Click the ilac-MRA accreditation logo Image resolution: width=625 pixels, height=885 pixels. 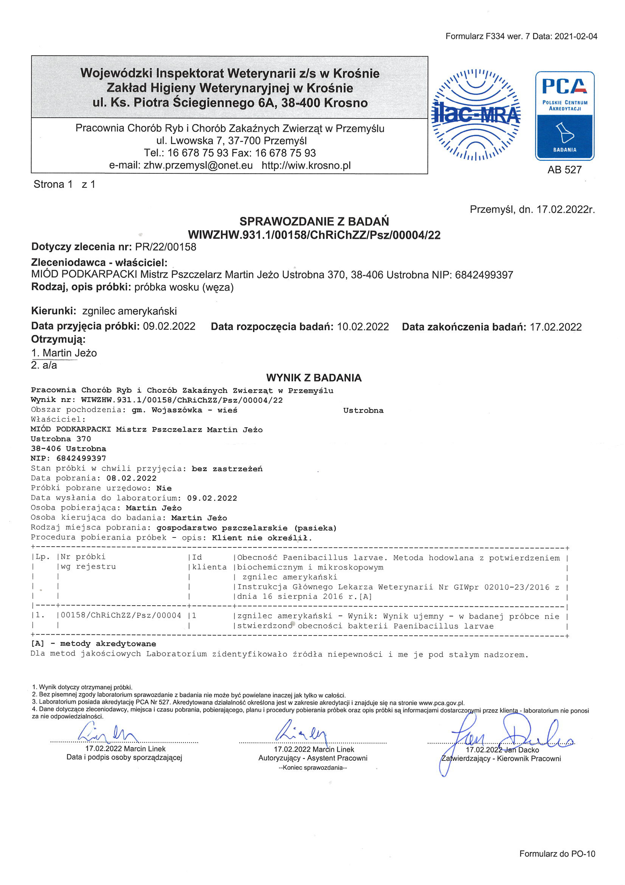(x=476, y=115)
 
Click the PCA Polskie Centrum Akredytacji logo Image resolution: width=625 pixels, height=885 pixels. (x=565, y=115)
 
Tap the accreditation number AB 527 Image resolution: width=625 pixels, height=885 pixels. (x=564, y=170)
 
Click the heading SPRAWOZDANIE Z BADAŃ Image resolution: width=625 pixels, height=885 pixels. (x=314, y=221)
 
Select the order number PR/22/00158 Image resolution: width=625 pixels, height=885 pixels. (x=165, y=247)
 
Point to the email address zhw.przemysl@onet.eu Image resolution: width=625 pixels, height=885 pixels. (x=198, y=165)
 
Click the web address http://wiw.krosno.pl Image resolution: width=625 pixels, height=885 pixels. (x=306, y=165)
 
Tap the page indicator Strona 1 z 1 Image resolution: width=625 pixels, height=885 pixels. (x=64, y=184)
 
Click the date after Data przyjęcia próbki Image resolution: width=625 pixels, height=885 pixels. (x=169, y=326)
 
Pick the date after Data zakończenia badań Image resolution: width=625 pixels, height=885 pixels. (x=555, y=327)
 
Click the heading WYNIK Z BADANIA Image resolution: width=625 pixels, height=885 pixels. (x=314, y=377)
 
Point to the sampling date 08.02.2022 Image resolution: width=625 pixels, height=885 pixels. (x=131, y=478)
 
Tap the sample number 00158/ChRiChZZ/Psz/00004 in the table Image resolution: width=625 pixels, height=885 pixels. (x=121, y=615)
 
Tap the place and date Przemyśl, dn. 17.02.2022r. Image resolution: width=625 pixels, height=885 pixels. (x=532, y=209)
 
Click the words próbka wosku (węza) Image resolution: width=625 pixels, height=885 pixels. (x=184, y=287)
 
